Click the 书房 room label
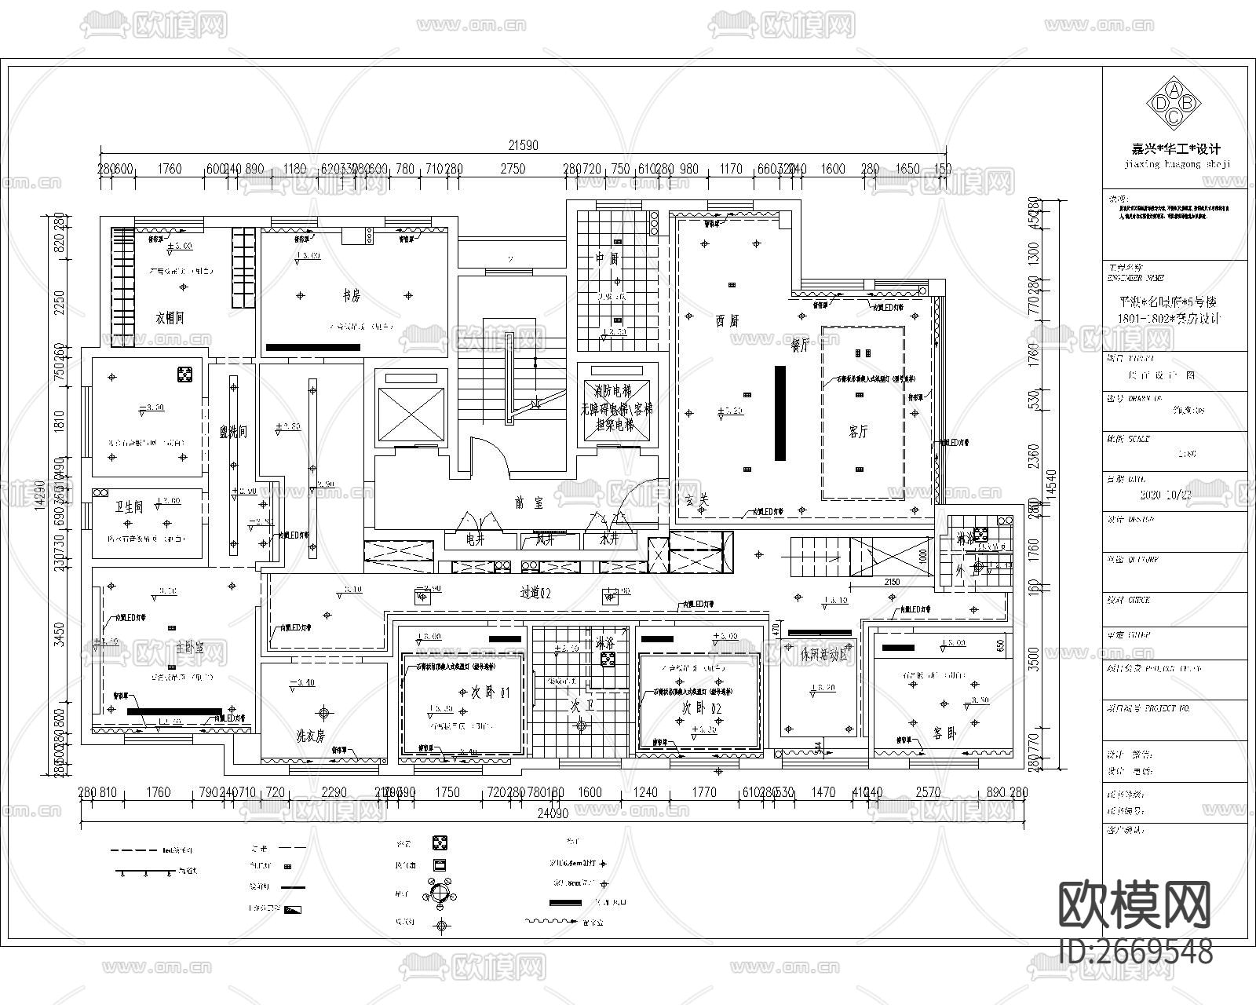[x=350, y=296]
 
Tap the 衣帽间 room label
[x=170, y=318]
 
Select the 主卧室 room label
[x=189, y=648]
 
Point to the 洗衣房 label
[x=310, y=736]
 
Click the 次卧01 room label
[x=490, y=694]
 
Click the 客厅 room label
[x=859, y=432]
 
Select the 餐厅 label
[x=800, y=345]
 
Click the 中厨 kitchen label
[x=607, y=258]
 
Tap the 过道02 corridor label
[x=535, y=594]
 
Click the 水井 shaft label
[x=609, y=540]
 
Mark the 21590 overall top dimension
[x=523, y=144]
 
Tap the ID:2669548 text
[x=1135, y=951]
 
